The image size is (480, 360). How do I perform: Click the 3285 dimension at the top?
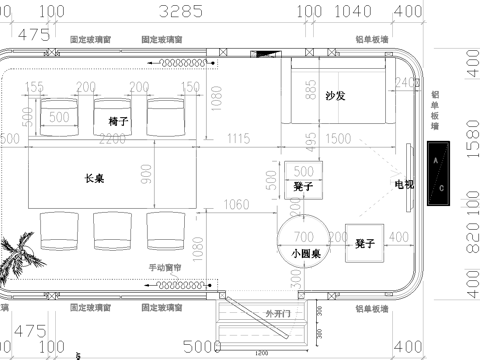(181, 12)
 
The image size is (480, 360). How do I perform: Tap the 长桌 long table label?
(95, 177)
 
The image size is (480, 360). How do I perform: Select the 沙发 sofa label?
(335, 96)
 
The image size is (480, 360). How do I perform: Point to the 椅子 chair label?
(119, 120)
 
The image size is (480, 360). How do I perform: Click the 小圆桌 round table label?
(304, 254)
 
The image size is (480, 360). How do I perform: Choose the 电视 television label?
(402, 184)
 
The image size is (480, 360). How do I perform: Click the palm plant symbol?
(17, 254)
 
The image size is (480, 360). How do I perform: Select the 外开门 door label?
(277, 314)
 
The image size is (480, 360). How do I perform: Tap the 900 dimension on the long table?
(148, 176)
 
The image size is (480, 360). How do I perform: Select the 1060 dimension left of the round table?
(237, 205)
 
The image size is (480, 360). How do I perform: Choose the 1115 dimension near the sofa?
(238, 137)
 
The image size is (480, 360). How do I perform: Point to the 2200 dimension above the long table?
(112, 138)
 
